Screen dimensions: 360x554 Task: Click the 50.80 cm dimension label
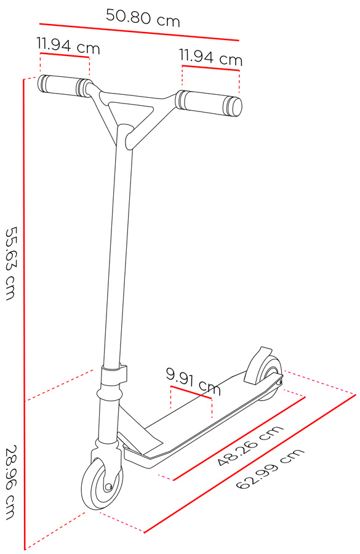(x=143, y=18)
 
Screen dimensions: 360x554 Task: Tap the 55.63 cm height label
(x=11, y=263)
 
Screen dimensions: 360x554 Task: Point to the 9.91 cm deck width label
(x=194, y=381)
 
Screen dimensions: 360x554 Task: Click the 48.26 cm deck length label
(x=250, y=446)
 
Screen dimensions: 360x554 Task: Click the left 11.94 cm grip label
(x=68, y=46)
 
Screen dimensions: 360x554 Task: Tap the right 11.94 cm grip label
(x=210, y=57)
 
